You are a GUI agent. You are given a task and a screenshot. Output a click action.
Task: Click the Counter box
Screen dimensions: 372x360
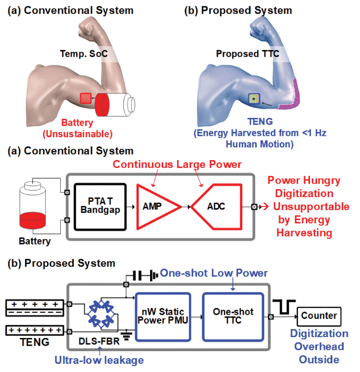click(319, 316)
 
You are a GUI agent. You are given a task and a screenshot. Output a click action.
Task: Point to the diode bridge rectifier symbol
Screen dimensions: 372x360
click(101, 313)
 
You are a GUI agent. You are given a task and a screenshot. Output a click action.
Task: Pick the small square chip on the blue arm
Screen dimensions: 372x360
click(254, 99)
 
